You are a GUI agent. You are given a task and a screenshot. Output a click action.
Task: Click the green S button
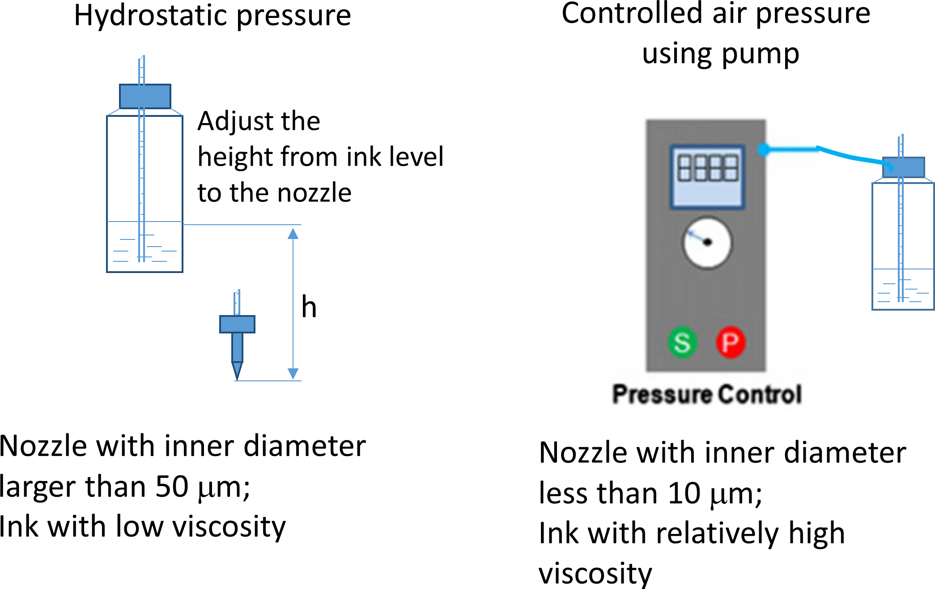(x=682, y=342)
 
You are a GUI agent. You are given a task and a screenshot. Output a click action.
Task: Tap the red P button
(x=731, y=342)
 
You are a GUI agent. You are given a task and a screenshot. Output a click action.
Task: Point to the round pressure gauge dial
(x=707, y=243)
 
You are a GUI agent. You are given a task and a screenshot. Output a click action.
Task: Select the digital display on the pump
(x=707, y=176)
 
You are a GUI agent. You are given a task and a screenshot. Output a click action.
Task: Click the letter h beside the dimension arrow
(x=309, y=307)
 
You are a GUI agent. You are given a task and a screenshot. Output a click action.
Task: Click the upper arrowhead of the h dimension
(x=293, y=233)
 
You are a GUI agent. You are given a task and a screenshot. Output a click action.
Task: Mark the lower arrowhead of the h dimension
(x=293, y=374)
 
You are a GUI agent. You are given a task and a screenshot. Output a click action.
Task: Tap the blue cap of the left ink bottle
(x=145, y=96)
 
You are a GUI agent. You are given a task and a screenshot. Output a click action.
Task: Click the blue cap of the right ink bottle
(x=903, y=167)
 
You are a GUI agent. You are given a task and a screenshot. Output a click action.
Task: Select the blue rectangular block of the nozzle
(x=237, y=324)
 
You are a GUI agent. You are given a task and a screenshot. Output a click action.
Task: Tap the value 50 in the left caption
(x=172, y=487)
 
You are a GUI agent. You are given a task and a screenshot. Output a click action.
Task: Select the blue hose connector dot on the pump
(x=763, y=149)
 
